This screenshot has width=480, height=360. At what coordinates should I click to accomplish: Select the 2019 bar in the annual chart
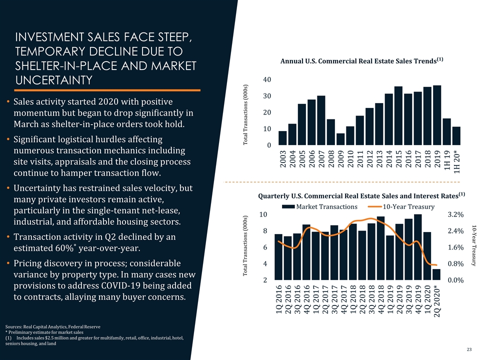pyautogui.click(x=437, y=115)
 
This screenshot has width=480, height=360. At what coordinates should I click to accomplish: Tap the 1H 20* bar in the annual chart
pyautogui.click(x=456, y=136)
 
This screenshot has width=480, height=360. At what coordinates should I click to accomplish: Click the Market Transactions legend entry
pyautogui.click(x=319, y=206)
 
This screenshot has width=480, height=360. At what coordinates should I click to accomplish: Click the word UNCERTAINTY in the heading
pyautogui.click(x=53, y=80)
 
